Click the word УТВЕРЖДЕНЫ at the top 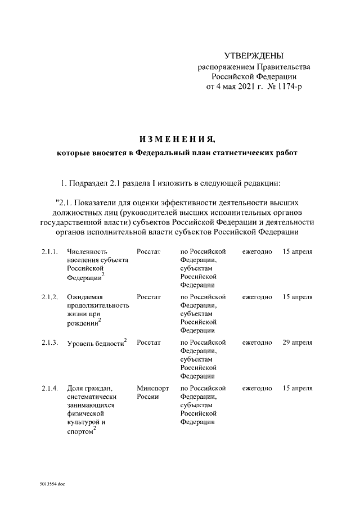coord(254,56)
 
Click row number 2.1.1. coord(49,251)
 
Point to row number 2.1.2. coord(49,297)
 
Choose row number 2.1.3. coord(49,343)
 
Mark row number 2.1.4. coord(49,388)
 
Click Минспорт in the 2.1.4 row coord(152,388)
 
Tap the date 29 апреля coord(298,343)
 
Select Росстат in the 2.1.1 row coord(148,251)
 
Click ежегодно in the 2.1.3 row coord(257,343)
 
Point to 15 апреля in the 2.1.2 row coord(298,297)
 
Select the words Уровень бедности coord(94,343)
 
